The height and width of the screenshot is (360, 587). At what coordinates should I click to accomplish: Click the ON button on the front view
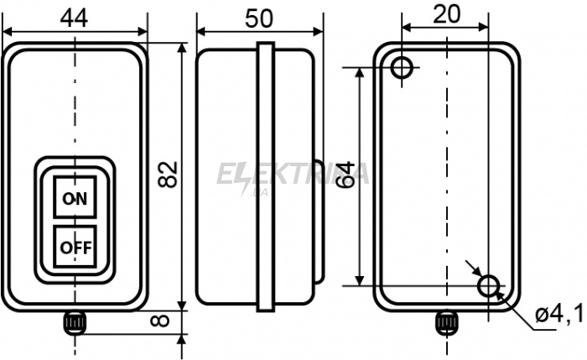(x=75, y=196)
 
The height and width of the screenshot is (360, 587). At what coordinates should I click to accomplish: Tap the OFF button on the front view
(x=75, y=247)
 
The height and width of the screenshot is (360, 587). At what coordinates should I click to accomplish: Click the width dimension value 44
(x=74, y=18)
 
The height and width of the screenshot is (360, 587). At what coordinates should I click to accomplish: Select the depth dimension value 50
(x=259, y=18)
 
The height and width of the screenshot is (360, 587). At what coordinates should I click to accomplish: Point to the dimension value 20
(x=446, y=14)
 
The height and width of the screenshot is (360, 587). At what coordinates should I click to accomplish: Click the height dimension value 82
(x=168, y=175)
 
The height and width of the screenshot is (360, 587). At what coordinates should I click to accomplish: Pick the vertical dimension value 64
(x=345, y=175)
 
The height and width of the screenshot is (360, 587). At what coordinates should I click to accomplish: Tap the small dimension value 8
(x=160, y=321)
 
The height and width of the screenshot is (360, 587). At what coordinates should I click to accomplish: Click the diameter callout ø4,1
(x=559, y=313)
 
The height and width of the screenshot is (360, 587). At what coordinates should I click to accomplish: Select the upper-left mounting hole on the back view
(x=402, y=68)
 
